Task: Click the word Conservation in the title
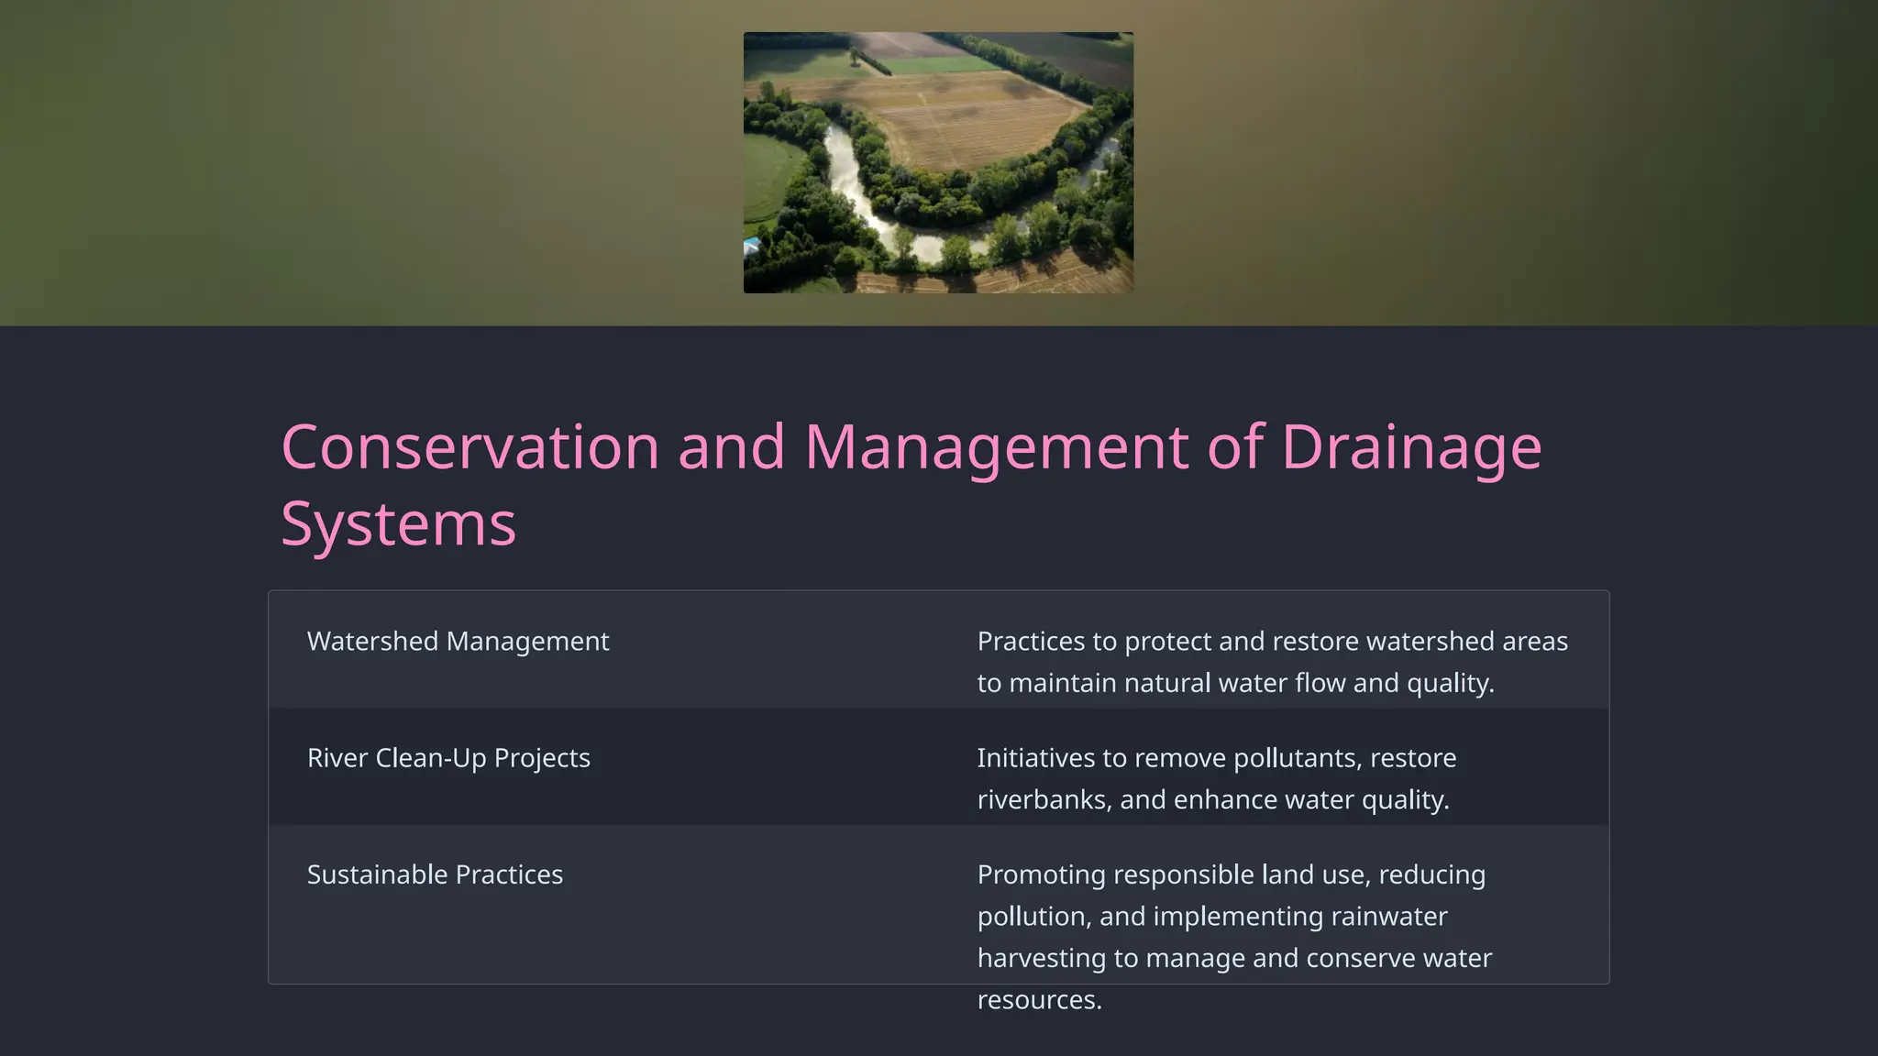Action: tap(469, 447)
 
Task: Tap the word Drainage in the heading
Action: tap(1410, 447)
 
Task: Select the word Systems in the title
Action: tap(398, 524)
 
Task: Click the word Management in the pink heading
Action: tap(996, 447)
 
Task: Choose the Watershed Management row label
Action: tap(458, 642)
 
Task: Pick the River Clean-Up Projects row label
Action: tap(448, 758)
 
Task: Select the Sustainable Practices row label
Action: tap(435, 874)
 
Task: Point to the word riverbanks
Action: tap(1044, 799)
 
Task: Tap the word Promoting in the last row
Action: tap(1041, 874)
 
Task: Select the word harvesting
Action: tap(1041, 958)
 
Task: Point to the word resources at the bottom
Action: tap(1039, 999)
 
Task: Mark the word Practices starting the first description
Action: tap(1031, 642)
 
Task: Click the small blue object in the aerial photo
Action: tap(751, 245)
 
